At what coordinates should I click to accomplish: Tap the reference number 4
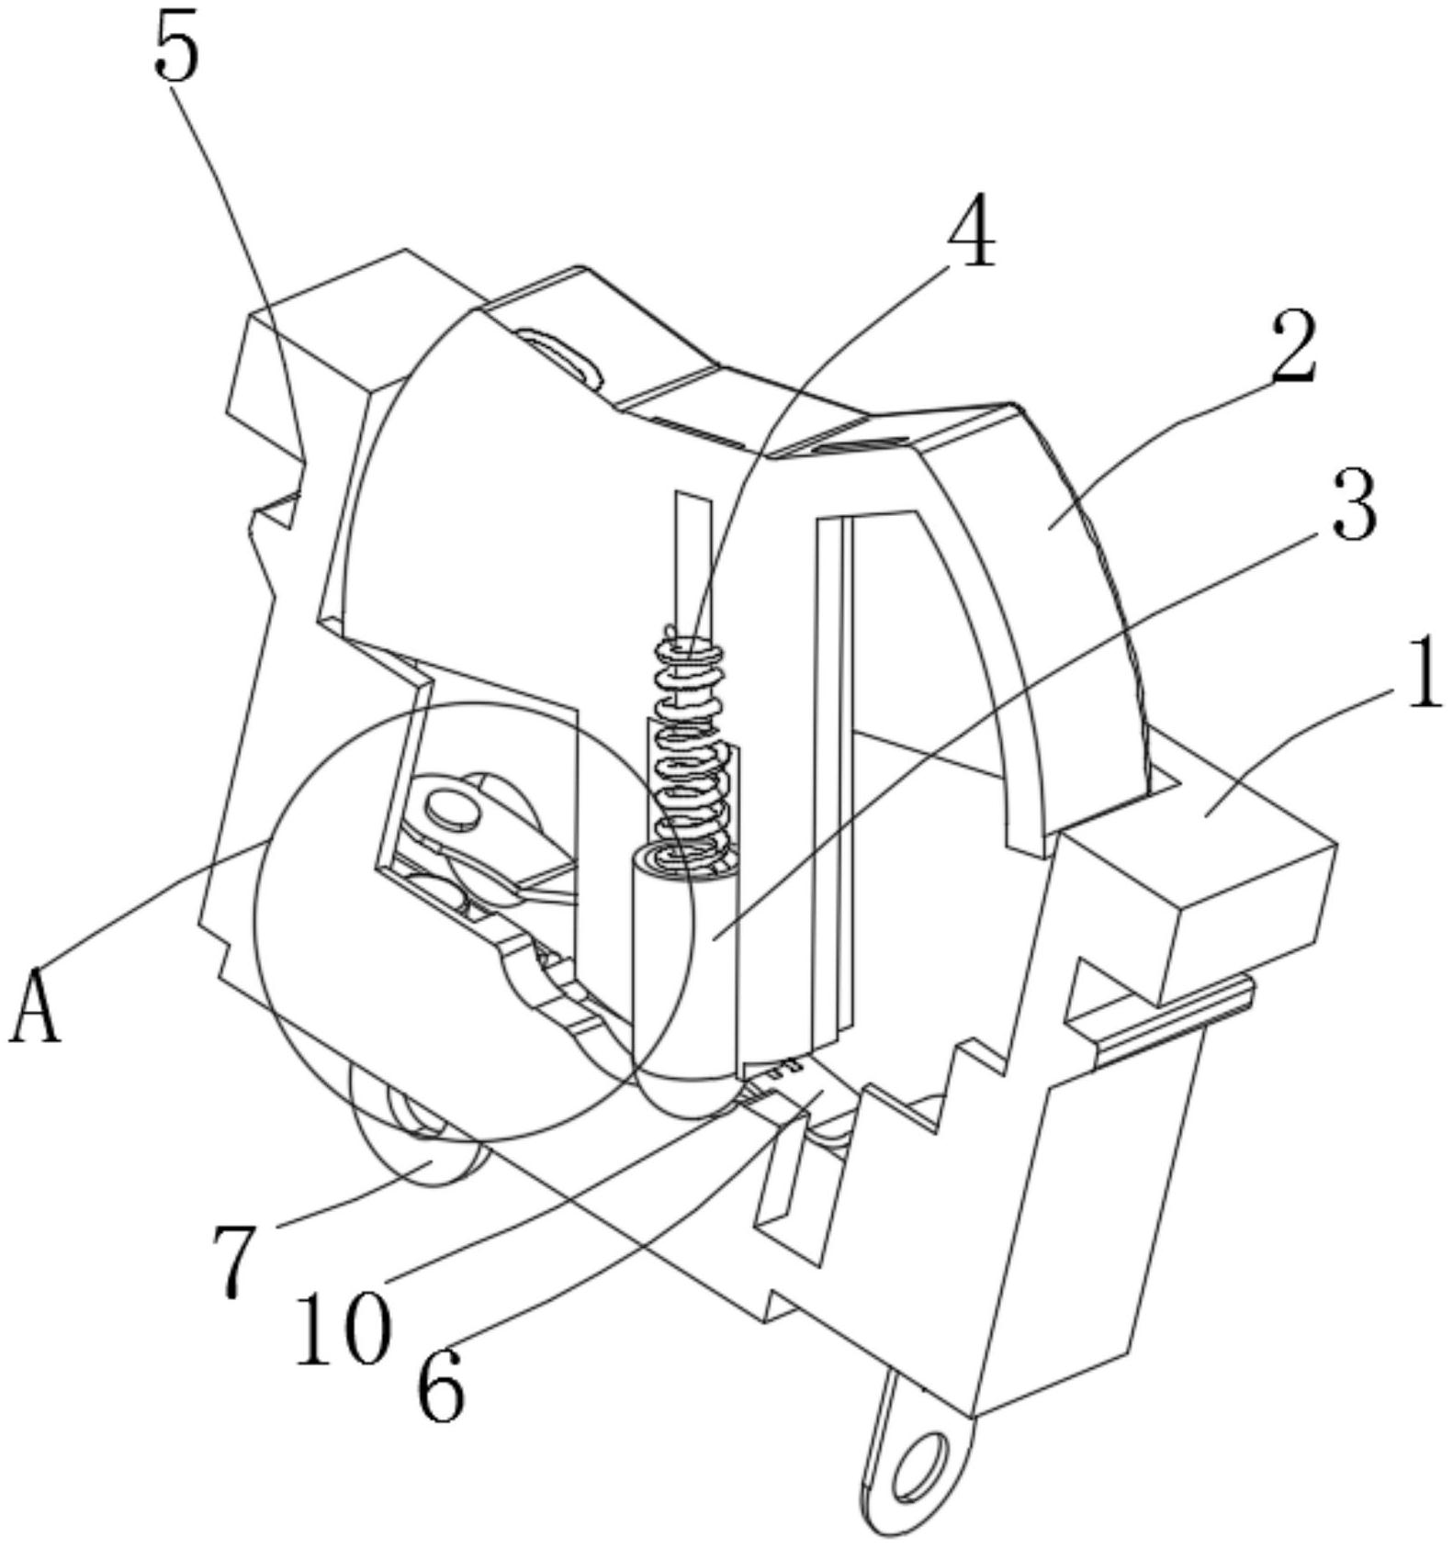point(973,230)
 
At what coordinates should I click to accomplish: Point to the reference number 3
point(1353,505)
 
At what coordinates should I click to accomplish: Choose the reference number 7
point(234,1260)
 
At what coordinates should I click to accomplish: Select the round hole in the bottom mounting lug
point(919,1461)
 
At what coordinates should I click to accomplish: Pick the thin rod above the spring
point(692,566)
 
